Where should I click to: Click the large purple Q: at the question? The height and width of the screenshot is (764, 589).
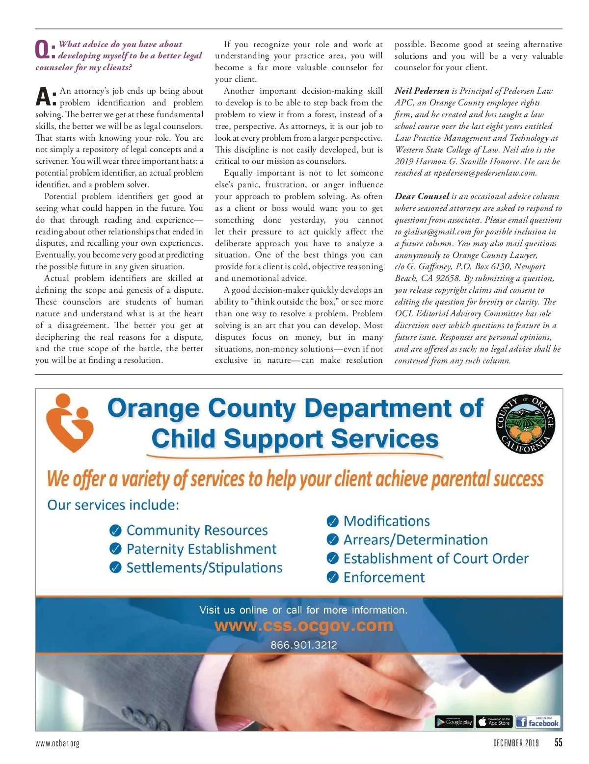[45, 50]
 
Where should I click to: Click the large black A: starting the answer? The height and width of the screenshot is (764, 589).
[46, 97]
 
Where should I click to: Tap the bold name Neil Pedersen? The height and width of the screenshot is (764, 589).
[422, 91]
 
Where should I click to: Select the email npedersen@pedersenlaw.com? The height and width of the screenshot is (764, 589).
[485, 173]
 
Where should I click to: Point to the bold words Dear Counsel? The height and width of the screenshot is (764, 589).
[422, 196]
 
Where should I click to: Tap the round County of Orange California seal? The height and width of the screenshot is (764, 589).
[525, 424]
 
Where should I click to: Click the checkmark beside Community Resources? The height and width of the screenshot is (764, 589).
[115, 531]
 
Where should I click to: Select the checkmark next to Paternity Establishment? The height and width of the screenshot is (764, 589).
[115, 549]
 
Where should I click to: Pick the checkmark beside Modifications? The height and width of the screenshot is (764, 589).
[332, 521]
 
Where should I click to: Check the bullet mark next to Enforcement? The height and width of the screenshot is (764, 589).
[332, 577]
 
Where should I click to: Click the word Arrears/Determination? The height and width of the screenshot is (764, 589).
[415, 540]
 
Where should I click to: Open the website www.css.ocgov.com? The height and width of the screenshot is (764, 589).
[304, 626]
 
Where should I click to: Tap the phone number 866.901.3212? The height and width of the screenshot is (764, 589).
[304, 645]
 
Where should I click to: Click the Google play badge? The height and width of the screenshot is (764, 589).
[454, 722]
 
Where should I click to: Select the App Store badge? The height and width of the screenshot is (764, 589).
[494, 722]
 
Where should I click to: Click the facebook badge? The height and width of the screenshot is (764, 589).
[538, 722]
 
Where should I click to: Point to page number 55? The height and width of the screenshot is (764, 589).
[558, 742]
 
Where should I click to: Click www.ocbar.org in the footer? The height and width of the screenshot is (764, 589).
[57, 743]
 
